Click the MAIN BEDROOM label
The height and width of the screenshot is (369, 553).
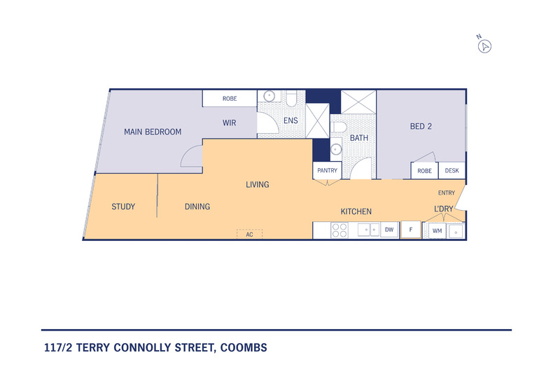(x=153, y=132)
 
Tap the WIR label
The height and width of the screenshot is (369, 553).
(x=229, y=123)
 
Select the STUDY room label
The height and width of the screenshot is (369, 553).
(x=123, y=207)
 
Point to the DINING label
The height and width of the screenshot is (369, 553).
(x=197, y=207)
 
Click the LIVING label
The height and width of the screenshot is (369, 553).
(x=258, y=185)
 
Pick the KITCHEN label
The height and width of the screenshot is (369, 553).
(x=356, y=211)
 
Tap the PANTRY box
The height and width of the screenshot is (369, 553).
(x=328, y=171)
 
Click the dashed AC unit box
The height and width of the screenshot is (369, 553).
(x=249, y=235)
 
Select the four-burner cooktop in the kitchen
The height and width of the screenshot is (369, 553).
(x=339, y=230)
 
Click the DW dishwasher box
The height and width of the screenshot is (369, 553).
(x=389, y=230)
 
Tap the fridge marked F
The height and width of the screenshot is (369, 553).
(x=411, y=230)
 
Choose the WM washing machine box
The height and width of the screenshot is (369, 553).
(x=437, y=231)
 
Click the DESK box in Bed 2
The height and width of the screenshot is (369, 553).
(x=451, y=171)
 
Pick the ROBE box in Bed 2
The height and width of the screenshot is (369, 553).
(x=425, y=171)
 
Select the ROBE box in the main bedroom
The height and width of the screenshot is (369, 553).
(x=230, y=99)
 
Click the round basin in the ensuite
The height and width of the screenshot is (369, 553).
(x=269, y=96)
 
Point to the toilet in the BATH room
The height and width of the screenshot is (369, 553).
(x=339, y=127)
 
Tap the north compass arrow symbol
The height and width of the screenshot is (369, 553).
(x=484, y=46)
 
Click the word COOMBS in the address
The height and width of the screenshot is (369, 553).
(x=244, y=348)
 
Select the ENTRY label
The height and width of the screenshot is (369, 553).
(x=447, y=193)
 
